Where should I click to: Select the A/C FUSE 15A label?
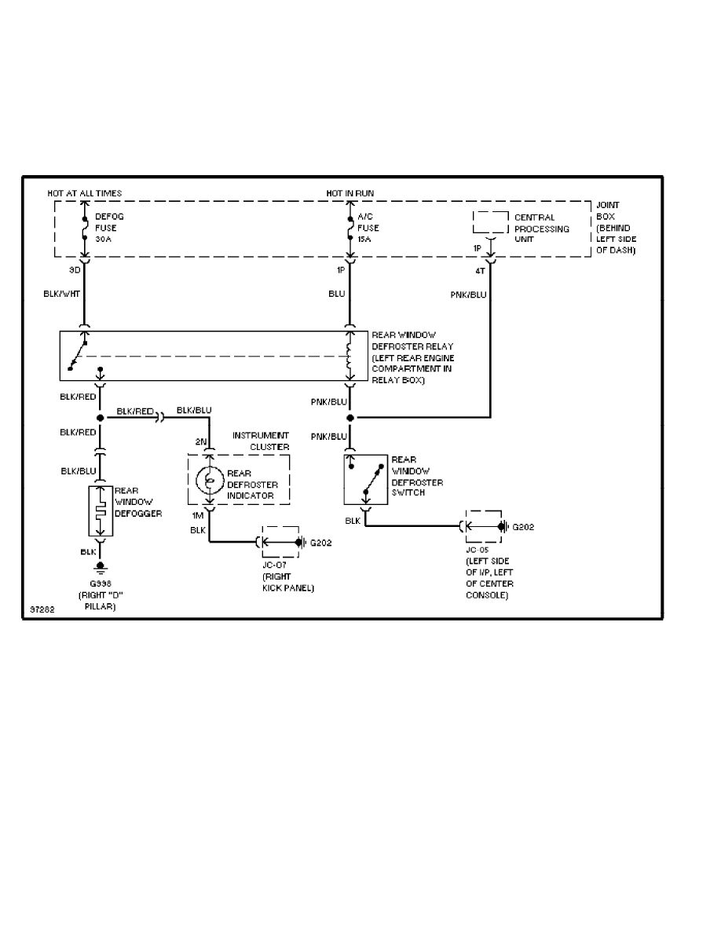[x=368, y=229]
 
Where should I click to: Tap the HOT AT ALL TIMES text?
[x=86, y=193]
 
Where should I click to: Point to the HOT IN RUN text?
[x=351, y=193]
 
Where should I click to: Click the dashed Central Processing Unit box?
[x=491, y=222]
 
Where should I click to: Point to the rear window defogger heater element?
[x=100, y=512]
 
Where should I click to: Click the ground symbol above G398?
[x=100, y=566]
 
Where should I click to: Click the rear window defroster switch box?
[x=366, y=479]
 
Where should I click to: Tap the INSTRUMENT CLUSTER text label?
[x=261, y=441]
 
